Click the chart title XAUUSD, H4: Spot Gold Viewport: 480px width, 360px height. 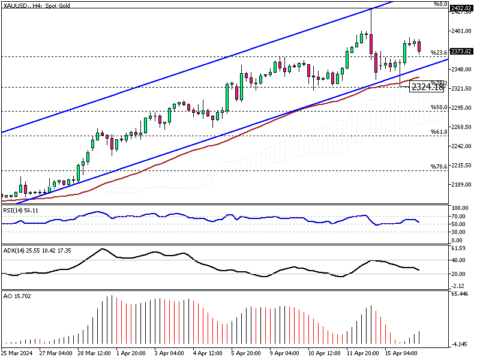click(x=37, y=4)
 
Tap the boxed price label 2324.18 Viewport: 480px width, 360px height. click(x=427, y=87)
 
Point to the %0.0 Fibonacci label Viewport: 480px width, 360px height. click(x=441, y=4)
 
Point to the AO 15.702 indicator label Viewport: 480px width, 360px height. click(x=16, y=296)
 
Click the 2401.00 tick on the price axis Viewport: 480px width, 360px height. click(x=460, y=31)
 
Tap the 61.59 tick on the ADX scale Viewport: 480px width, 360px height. click(x=458, y=247)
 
